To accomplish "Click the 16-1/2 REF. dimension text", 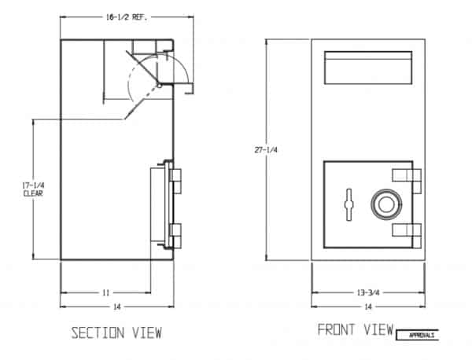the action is coord(127,17).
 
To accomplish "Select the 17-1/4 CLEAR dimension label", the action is coord(33,189).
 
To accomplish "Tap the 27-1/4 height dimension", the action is coord(266,150).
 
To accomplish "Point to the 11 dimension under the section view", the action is coord(106,292).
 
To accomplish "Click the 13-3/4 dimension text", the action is coord(368,292).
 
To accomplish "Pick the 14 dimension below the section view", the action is coord(116,307).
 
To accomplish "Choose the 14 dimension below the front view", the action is coord(368,307).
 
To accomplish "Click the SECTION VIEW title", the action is coord(116,333).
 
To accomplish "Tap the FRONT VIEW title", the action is coord(356,329).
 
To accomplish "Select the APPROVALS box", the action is coord(417,335).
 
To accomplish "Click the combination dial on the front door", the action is coord(386,204).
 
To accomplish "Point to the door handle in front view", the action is coord(348,204).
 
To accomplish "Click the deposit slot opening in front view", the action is coord(368,68).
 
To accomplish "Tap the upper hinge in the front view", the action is coord(407,181).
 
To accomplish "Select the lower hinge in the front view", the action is coord(407,236).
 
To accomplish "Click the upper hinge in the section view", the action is coord(175,181).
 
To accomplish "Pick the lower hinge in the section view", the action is coord(175,236).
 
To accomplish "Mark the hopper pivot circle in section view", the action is coord(160,86).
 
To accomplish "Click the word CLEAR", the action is coord(33,193).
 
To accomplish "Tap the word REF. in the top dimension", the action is coord(140,17).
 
